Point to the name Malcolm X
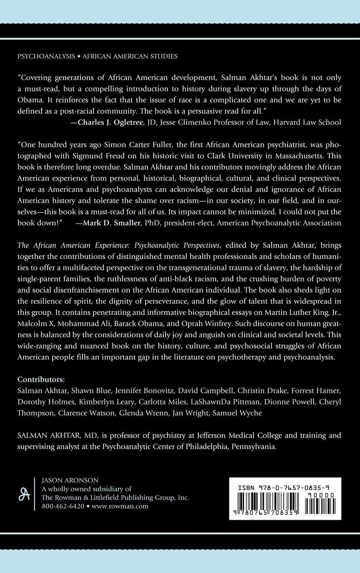click(35, 312)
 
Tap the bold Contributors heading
click(41, 379)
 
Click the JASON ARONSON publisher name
click(70, 480)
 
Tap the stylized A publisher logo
click(24, 493)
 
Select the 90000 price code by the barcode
click(321, 495)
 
